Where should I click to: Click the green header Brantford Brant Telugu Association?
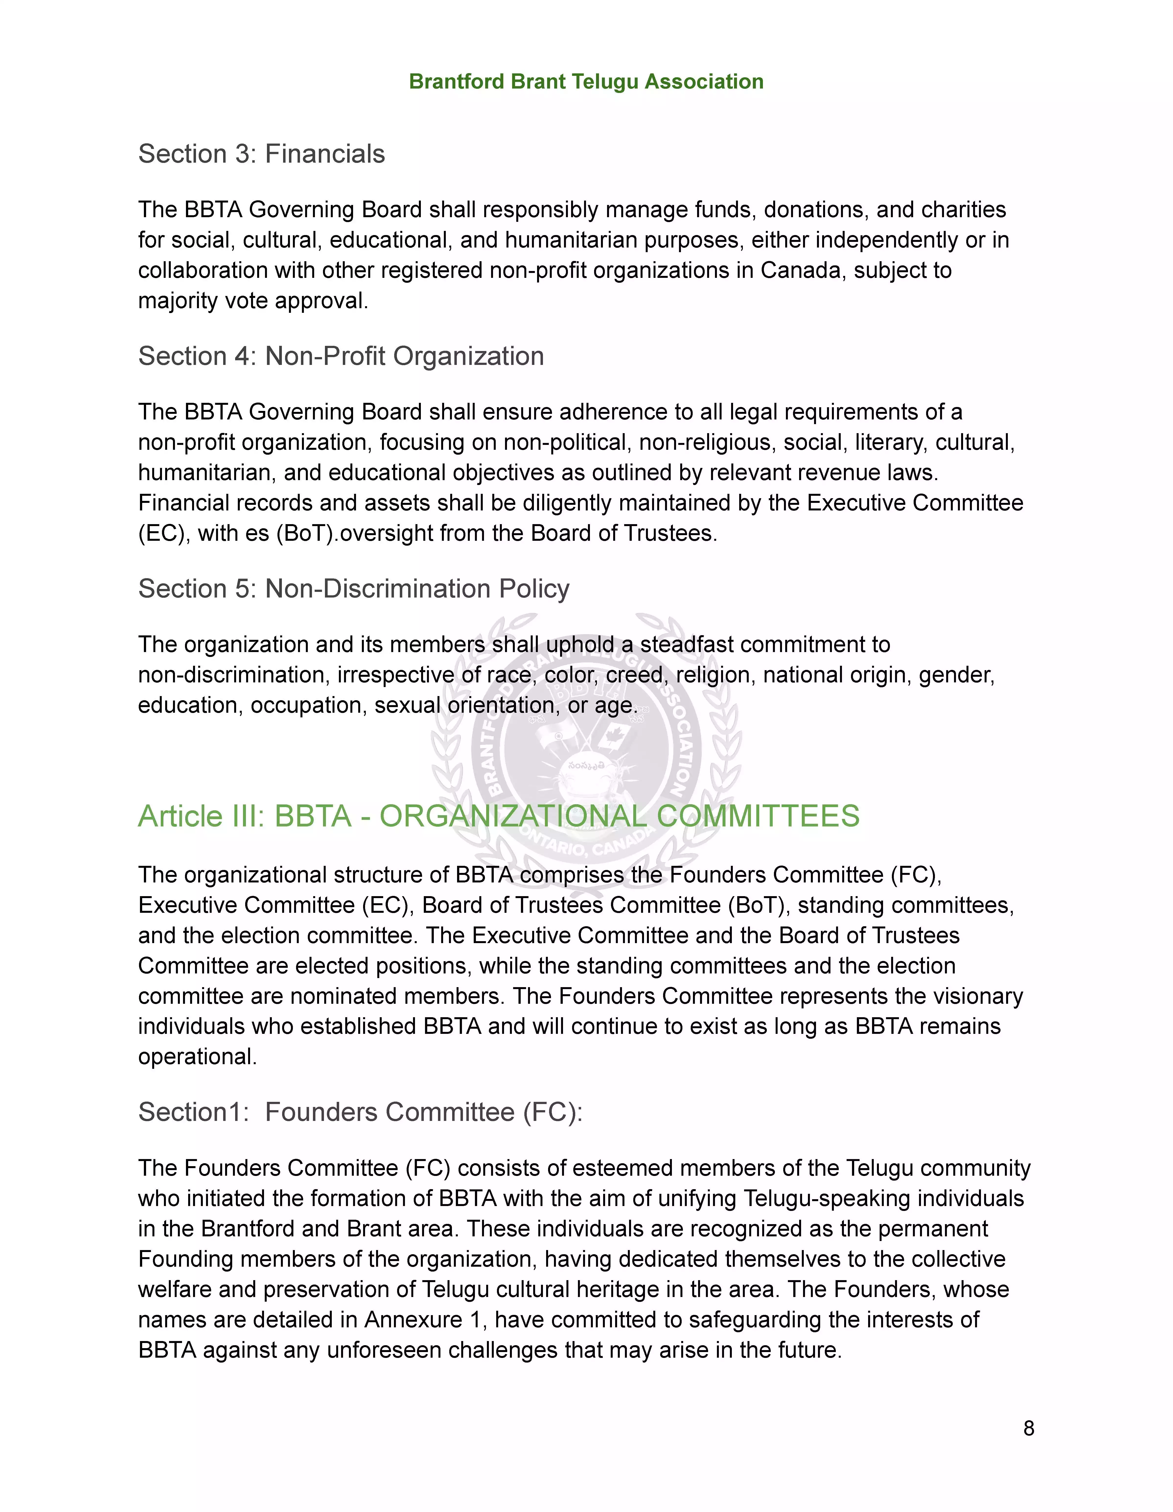point(586,82)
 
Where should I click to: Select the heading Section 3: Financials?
point(261,154)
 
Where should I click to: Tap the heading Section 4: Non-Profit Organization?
point(341,356)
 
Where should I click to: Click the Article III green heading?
point(499,816)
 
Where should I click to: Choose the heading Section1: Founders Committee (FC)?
point(360,1112)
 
